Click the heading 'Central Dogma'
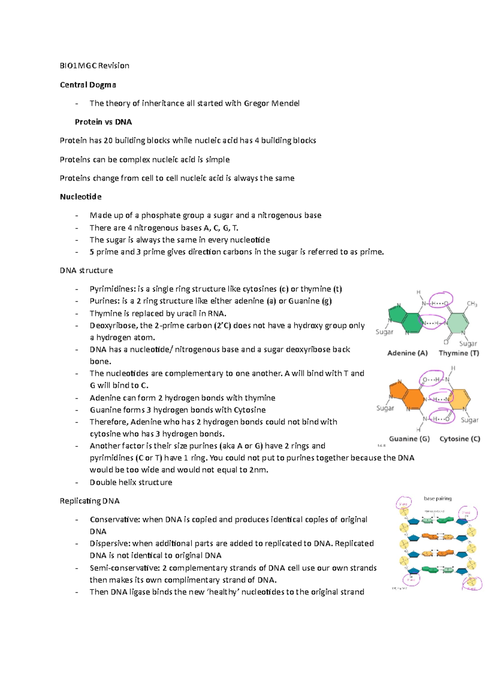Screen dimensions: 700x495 87,85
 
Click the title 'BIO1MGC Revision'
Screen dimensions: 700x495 94,66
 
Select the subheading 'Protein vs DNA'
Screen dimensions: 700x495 103,122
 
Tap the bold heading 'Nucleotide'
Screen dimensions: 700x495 80,197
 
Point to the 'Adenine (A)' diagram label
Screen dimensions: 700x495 407,353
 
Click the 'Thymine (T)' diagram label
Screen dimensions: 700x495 459,353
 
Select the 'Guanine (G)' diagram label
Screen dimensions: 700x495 409,439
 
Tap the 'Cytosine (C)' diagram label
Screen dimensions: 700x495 460,439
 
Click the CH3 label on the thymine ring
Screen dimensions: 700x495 472,304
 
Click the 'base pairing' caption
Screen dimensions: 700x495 437,498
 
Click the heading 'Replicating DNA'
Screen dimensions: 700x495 90,501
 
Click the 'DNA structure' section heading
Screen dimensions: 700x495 86,270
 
